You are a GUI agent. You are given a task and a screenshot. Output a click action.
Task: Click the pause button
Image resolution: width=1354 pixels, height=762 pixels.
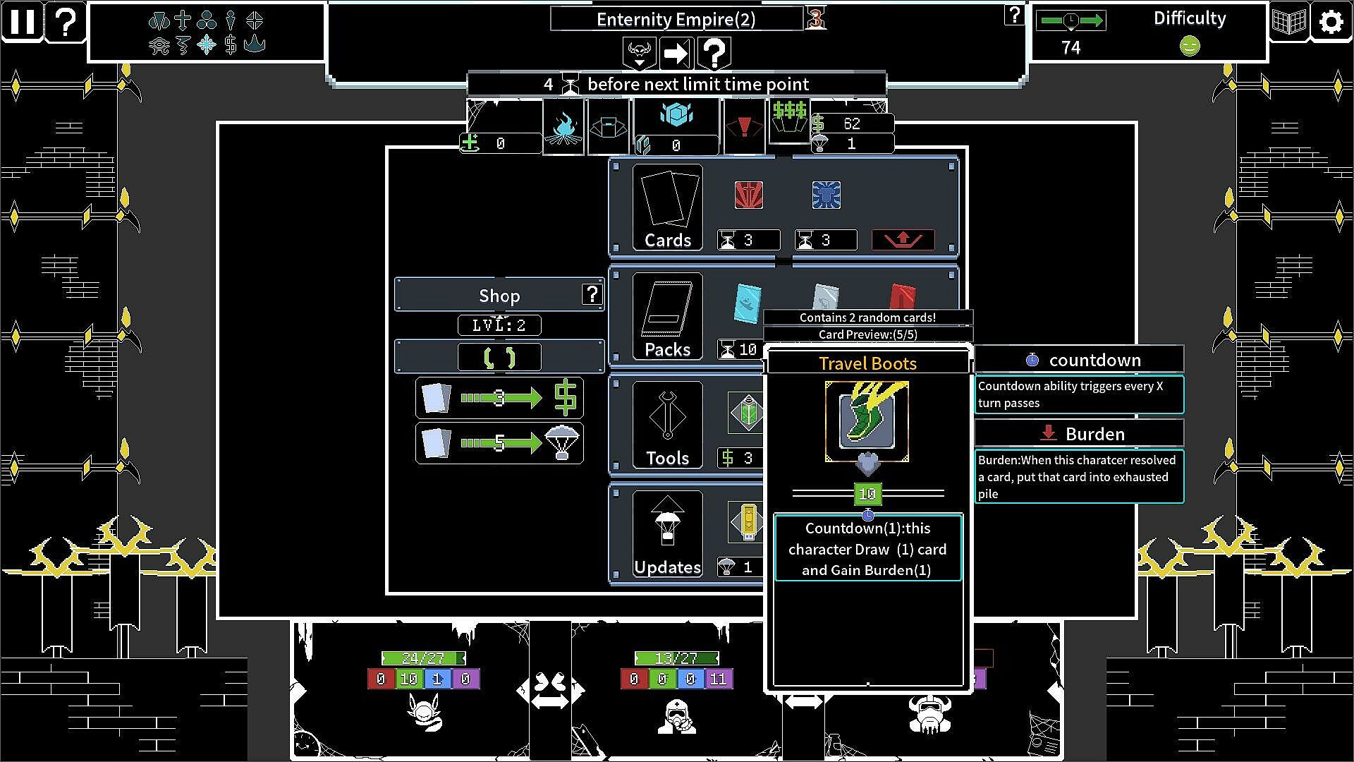[x=22, y=22]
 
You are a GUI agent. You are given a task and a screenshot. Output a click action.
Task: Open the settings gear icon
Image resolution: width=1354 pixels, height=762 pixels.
[x=1330, y=22]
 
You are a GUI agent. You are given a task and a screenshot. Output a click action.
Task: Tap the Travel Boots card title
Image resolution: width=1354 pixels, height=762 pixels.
[x=867, y=363]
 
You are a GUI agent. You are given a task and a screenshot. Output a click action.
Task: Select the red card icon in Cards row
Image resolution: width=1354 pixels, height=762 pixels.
[x=748, y=195]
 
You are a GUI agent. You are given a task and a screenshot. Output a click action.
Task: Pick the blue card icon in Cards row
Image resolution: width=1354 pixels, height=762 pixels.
[x=826, y=195]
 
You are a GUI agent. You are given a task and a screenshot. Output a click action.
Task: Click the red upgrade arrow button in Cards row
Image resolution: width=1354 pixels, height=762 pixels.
[x=903, y=240]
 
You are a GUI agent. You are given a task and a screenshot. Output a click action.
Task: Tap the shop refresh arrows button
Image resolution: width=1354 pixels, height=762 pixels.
[x=499, y=358]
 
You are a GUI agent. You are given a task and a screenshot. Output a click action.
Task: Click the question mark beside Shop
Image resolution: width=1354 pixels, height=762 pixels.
[x=592, y=294]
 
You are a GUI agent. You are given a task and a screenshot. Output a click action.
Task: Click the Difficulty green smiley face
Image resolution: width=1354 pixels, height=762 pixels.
[x=1189, y=47]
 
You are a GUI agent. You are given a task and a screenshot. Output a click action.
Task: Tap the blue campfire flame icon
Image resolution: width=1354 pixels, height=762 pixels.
[x=563, y=128]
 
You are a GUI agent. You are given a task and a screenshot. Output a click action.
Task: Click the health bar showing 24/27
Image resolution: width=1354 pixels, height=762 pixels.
[x=423, y=658]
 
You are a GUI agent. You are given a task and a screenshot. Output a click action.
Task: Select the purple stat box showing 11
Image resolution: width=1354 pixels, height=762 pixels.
[x=718, y=679]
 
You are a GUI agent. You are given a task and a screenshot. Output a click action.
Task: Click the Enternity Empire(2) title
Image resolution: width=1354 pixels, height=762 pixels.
[x=676, y=19]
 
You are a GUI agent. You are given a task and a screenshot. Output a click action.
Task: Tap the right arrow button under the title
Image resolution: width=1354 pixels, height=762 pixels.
[x=676, y=53]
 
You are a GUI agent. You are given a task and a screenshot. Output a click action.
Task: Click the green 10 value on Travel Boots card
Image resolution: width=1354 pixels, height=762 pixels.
[x=867, y=494]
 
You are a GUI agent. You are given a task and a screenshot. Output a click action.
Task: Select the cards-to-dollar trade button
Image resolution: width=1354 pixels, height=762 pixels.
[x=499, y=398]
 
